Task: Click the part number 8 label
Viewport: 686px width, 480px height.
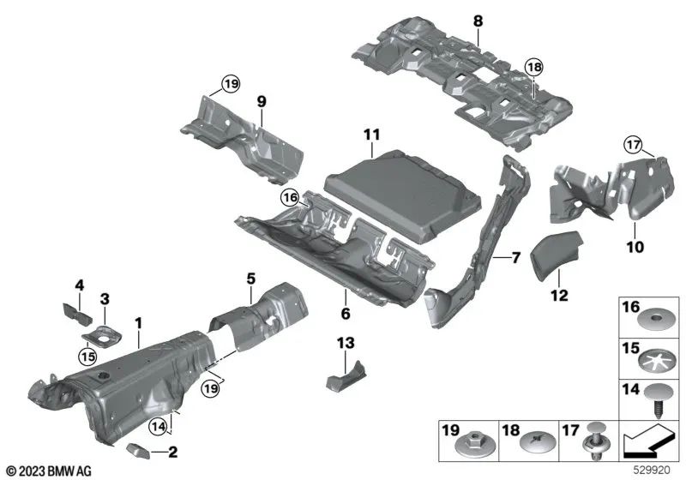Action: point(478,20)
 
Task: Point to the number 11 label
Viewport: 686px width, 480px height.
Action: point(370,136)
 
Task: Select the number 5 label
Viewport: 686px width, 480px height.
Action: point(250,278)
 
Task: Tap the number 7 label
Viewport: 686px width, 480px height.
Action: point(515,257)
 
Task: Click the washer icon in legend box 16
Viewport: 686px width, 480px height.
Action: point(657,321)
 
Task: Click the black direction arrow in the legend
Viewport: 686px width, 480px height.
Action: point(651,443)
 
